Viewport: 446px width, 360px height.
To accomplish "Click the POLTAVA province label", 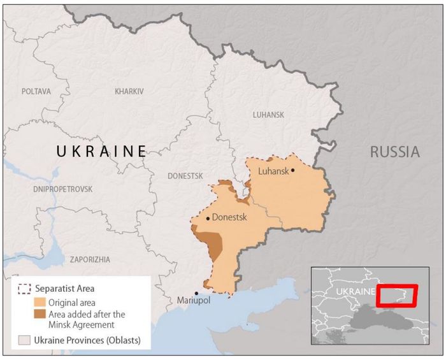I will click(x=36, y=92).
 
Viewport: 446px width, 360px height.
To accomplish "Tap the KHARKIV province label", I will click(x=129, y=92).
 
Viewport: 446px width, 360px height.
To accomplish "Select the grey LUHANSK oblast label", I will click(x=268, y=115).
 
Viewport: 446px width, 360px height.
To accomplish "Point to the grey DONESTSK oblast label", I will click(x=185, y=176).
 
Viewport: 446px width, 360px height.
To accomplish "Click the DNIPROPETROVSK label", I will click(x=62, y=189).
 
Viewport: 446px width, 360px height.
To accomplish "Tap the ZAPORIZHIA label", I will click(x=90, y=259).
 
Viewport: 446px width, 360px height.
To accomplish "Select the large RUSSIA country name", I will click(x=395, y=152).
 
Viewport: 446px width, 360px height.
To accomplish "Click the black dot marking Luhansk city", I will click(x=293, y=170).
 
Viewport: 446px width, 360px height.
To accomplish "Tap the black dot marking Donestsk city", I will click(x=208, y=219).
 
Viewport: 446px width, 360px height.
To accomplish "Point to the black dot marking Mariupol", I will click(x=196, y=293).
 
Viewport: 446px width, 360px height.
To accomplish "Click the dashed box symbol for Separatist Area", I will click(x=25, y=289).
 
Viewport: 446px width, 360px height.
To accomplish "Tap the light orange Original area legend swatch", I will click(x=40, y=302).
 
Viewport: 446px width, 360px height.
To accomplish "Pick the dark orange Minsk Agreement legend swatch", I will click(x=40, y=314).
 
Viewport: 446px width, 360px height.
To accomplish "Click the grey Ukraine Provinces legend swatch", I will click(x=25, y=339).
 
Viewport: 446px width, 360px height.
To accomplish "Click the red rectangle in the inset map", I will click(x=396, y=296).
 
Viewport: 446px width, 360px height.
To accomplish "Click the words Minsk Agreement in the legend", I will click(x=80, y=324).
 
